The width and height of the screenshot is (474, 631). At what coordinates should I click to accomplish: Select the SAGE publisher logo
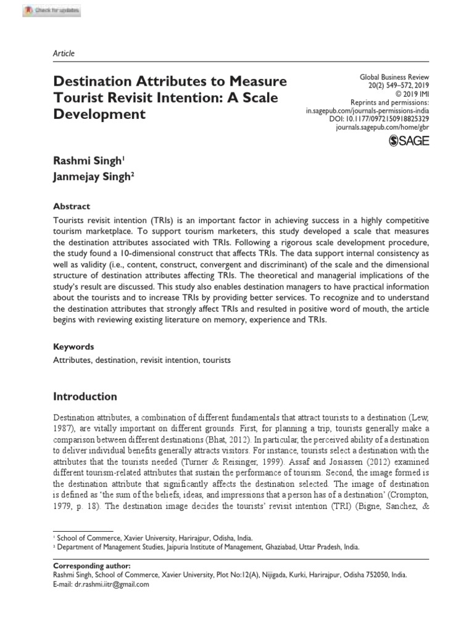pyautogui.click(x=409, y=142)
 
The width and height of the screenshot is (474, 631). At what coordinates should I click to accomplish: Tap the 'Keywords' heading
pyautogui.click(x=73, y=347)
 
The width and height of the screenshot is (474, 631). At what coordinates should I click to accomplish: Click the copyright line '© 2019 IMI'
pyautogui.click(x=409, y=94)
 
